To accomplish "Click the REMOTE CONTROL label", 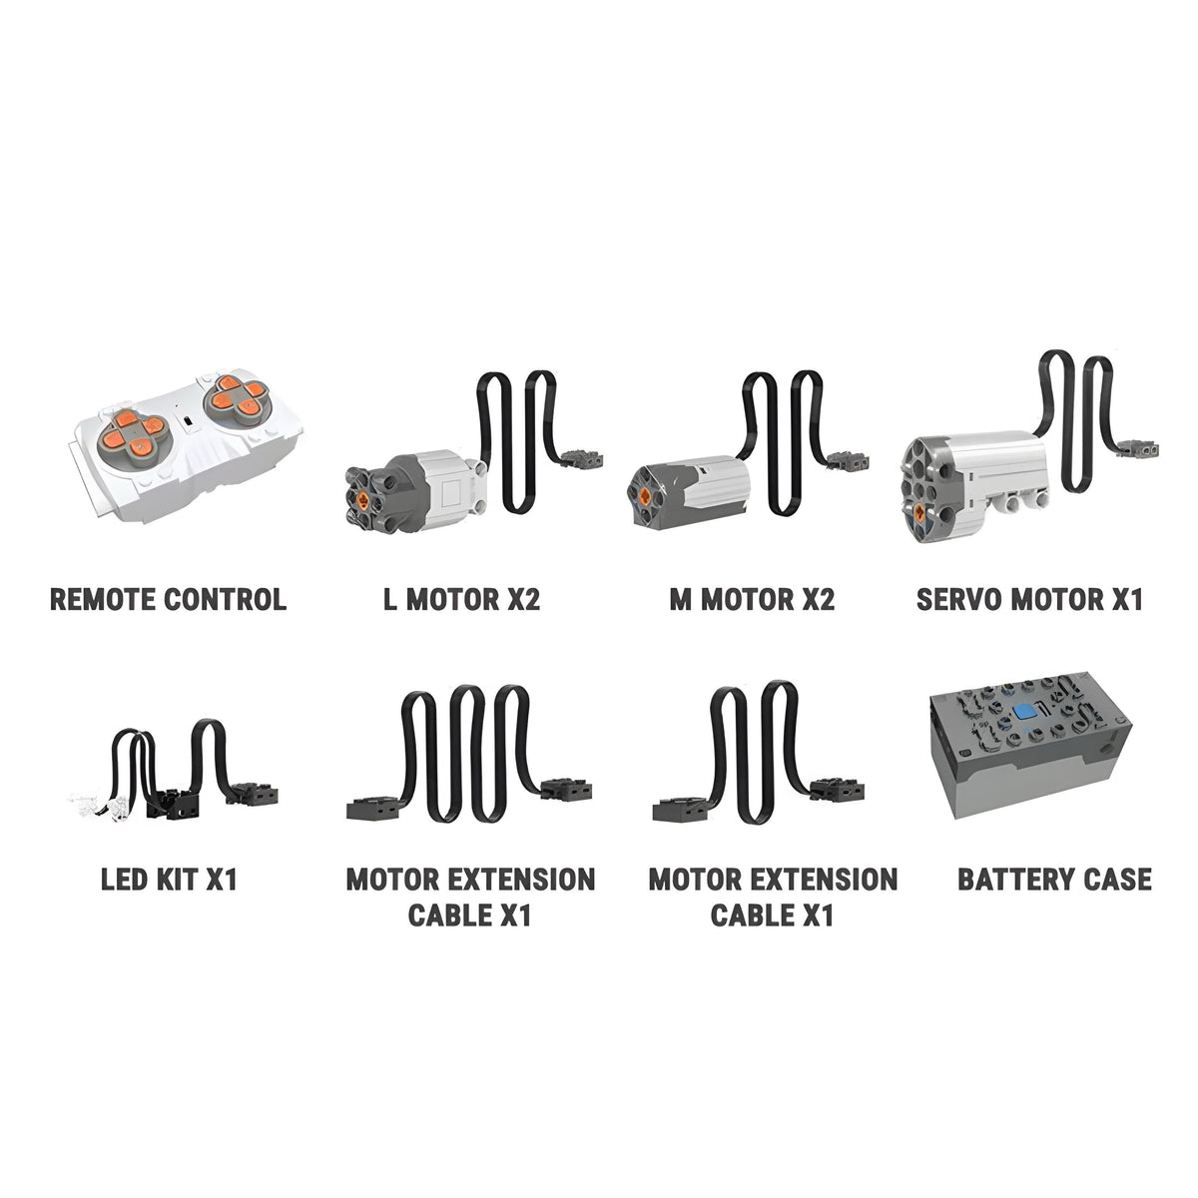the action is tap(168, 599).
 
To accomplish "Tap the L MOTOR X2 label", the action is tap(461, 599).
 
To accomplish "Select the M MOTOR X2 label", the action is tap(752, 599).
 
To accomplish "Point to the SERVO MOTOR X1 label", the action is tap(1029, 599).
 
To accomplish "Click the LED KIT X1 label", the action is tap(169, 880).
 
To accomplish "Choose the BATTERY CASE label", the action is tap(1054, 880).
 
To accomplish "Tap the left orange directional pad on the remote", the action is tap(134, 431).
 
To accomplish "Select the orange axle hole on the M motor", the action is tap(646, 495).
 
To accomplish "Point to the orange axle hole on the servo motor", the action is tap(919, 512).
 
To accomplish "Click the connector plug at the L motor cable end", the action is tap(582, 459).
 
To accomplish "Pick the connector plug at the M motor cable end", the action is tap(849, 460).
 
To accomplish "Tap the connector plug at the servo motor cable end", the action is tap(1140, 448).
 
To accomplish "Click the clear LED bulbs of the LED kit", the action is tap(98, 805).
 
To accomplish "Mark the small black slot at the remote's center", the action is tap(187, 421).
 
